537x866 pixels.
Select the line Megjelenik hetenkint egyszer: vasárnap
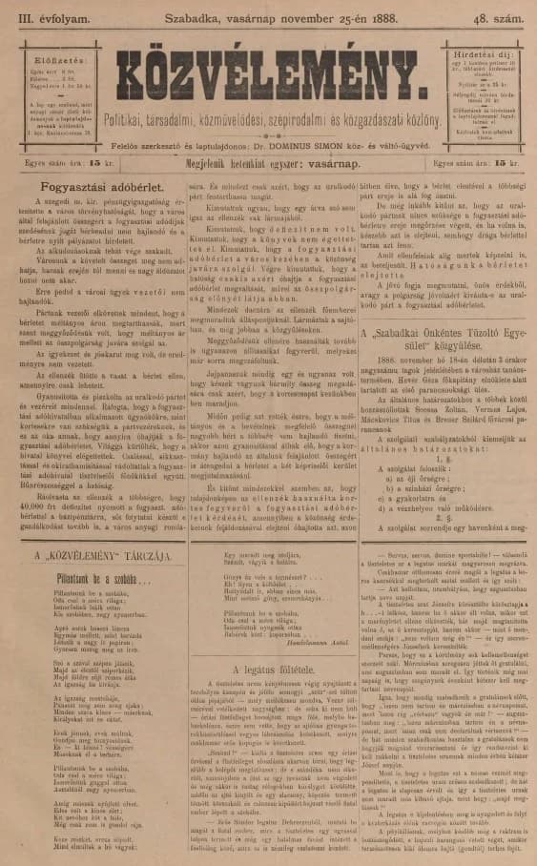pyautogui.click(x=269, y=163)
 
